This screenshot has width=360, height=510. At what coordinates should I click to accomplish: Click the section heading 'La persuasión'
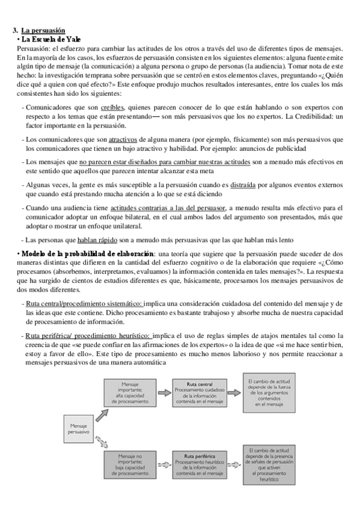(43, 31)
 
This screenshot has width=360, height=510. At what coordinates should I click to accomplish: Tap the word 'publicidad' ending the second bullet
(288, 149)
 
